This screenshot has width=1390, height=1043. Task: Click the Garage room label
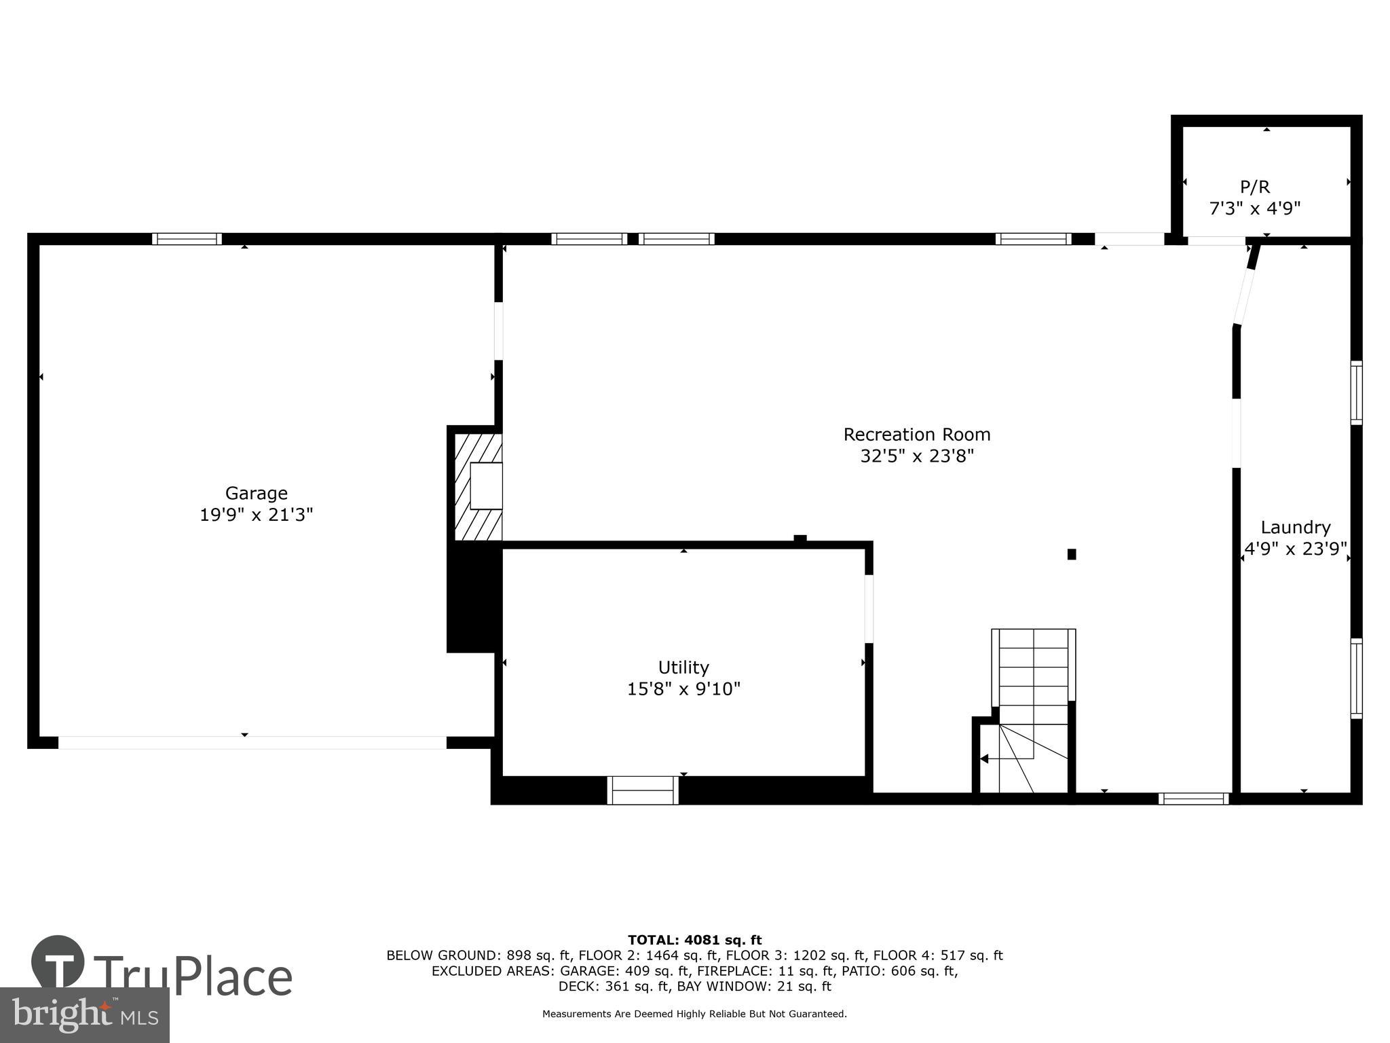click(256, 493)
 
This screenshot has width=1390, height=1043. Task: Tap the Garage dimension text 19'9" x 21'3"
click(256, 515)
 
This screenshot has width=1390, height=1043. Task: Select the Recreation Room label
click(916, 434)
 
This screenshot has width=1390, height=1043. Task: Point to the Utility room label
click(683, 667)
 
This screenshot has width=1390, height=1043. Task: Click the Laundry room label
click(1295, 527)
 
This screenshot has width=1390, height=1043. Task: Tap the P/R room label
click(1254, 187)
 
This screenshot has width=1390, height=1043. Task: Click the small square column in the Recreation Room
click(1072, 554)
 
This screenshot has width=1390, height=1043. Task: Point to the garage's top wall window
click(187, 239)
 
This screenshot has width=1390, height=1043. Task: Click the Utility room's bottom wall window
click(643, 790)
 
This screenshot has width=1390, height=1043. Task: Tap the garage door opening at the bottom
click(252, 742)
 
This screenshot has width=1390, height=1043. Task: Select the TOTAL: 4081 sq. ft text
click(694, 940)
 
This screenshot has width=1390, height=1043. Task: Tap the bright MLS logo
click(84, 1014)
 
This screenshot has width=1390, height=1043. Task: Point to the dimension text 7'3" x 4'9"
click(1254, 208)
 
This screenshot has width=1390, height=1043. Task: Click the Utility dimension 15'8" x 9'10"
click(683, 689)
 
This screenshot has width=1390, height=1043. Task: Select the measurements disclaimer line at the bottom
click(694, 1014)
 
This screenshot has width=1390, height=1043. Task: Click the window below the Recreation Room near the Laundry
click(1193, 799)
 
